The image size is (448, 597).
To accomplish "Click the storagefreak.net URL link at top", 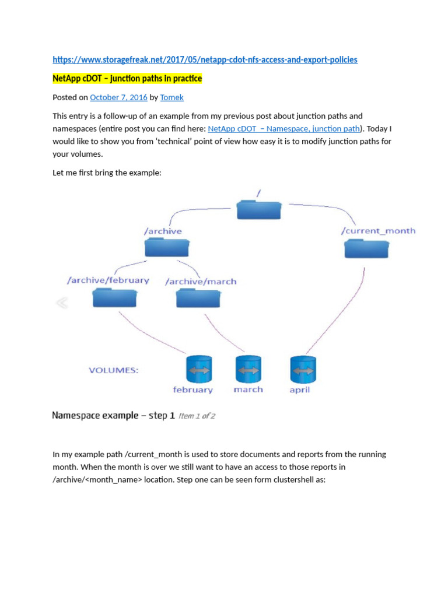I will [205, 59].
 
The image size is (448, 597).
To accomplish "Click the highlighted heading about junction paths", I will [127, 78].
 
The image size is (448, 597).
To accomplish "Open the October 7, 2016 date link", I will [118, 97].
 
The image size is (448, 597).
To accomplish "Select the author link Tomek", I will [172, 97].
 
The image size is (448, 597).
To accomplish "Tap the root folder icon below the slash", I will [259, 209].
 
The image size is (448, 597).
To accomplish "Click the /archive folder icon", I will [167, 247].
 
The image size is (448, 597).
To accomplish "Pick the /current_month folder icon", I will [366, 248].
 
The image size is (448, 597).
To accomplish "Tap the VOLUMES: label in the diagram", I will [113, 370].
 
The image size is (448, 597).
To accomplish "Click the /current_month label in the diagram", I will [378, 231].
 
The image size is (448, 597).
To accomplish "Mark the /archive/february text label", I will [108, 280].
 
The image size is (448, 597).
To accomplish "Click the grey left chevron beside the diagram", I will [61, 303].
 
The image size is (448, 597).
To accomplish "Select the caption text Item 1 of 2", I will [197, 416].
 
